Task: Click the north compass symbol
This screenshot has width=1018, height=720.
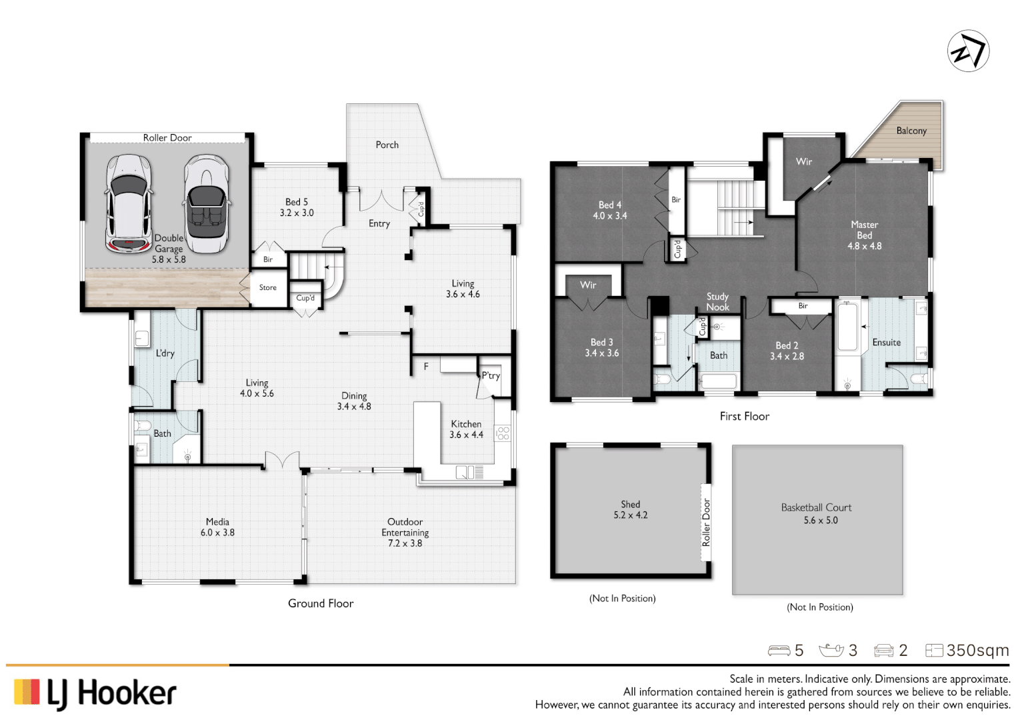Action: tap(968, 51)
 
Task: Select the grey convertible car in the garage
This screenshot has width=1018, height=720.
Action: tap(206, 204)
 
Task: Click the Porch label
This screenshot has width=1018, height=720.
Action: tap(387, 145)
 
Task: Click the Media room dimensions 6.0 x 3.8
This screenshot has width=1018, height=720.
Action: tap(217, 533)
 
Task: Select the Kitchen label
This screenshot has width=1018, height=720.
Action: tap(466, 424)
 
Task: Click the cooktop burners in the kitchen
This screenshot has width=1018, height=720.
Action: tap(503, 433)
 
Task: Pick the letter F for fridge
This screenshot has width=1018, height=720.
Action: tap(426, 366)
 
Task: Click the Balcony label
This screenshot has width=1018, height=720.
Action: tap(911, 131)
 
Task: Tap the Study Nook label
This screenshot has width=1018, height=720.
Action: tap(717, 301)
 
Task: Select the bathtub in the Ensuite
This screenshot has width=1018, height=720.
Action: tap(847, 327)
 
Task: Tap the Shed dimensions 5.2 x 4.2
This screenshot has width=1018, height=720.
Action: tap(630, 515)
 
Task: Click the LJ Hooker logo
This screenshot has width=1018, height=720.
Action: tap(95, 693)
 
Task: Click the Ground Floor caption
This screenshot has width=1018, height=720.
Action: tap(321, 603)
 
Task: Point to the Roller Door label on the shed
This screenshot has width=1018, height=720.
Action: tap(706, 523)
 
